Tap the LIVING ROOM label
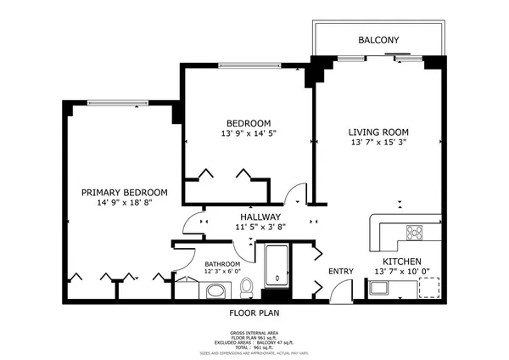[x=378, y=132]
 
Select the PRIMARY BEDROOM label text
[x=124, y=193]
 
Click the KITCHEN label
[x=402, y=262]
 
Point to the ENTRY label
[x=341, y=272]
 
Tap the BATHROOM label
[x=222, y=264]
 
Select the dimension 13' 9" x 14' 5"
[x=248, y=134]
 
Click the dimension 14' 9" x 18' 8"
[x=124, y=204]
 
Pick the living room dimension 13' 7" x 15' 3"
[x=378, y=143]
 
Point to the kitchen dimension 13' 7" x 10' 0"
[x=402, y=272]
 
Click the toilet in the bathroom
[x=247, y=288]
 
